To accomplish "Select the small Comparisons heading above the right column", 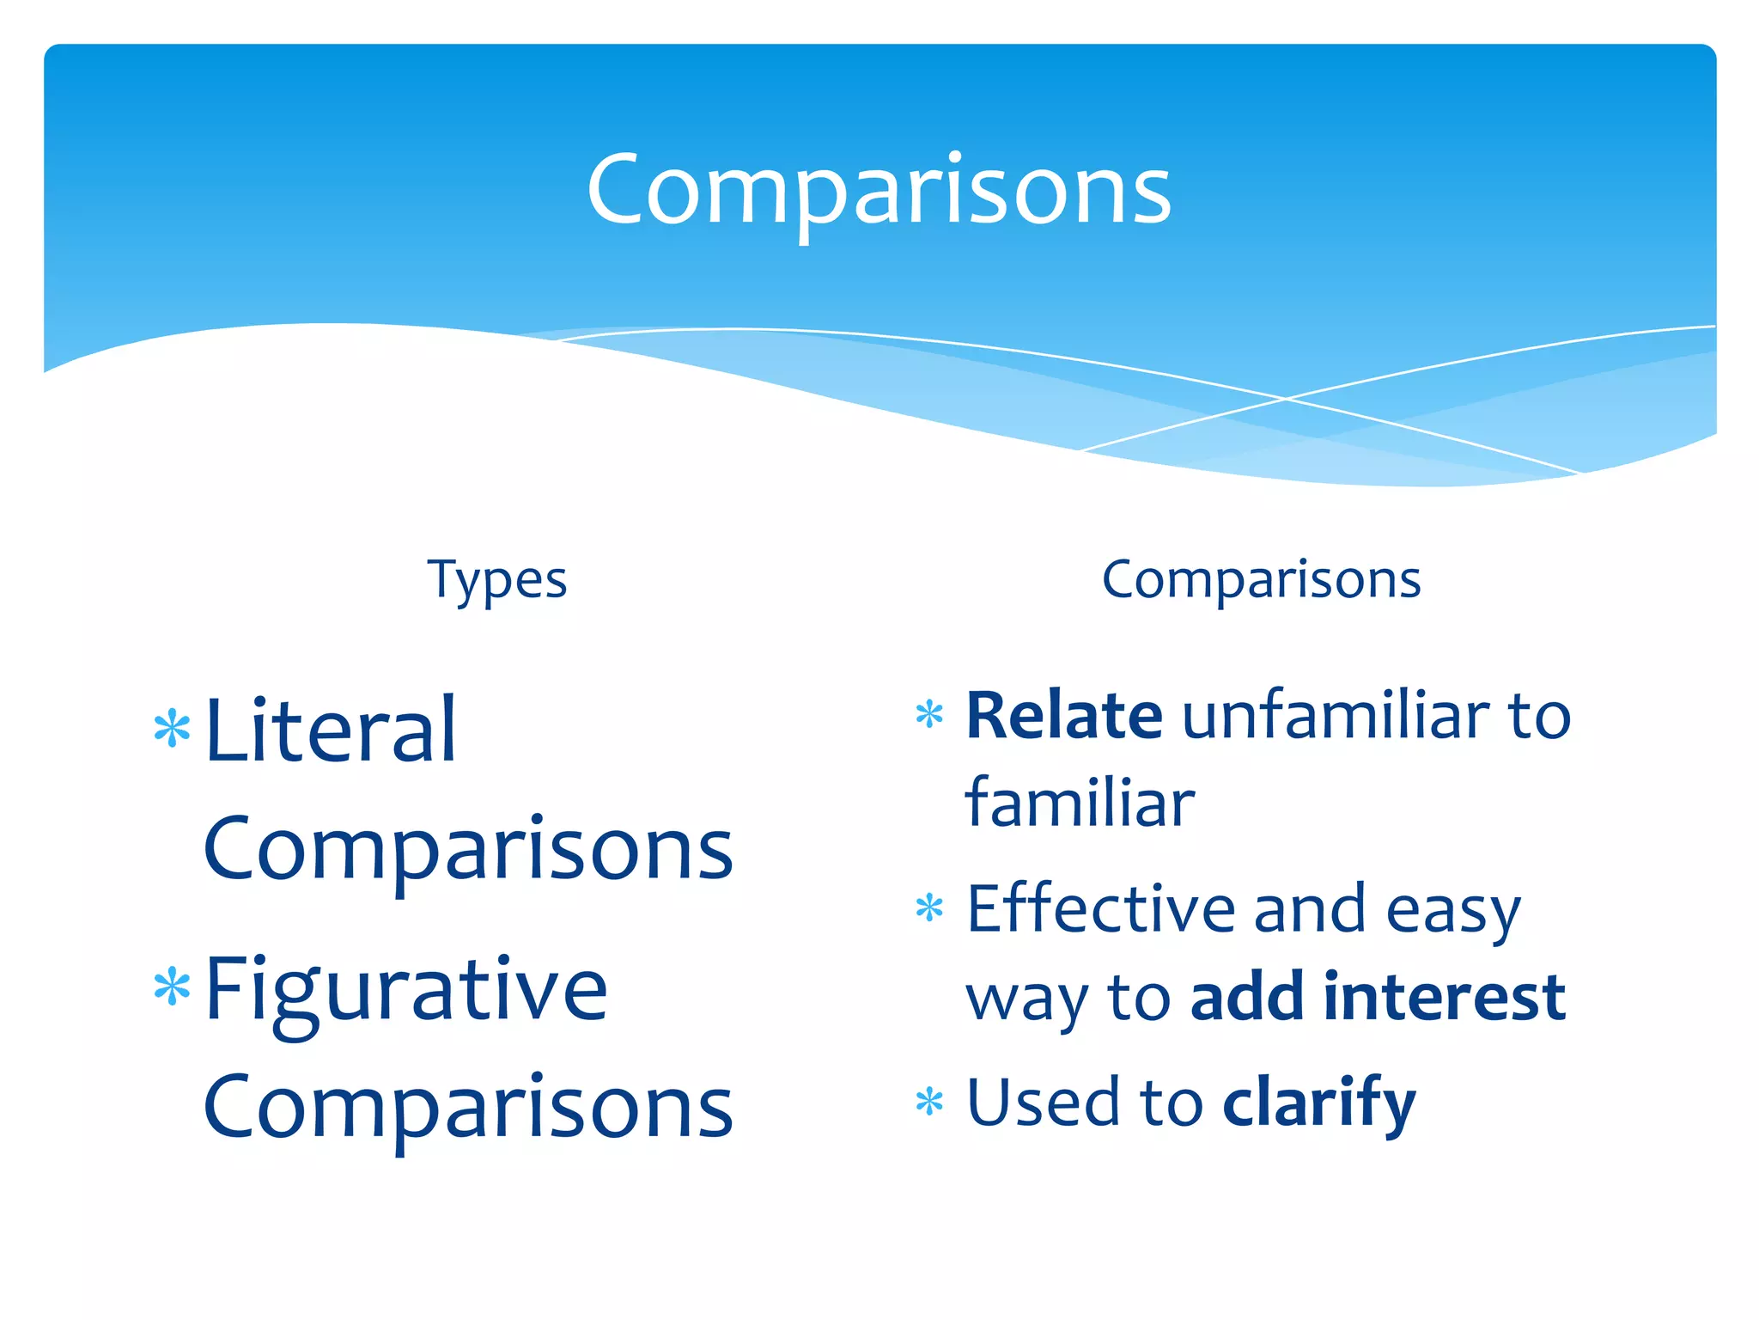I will tap(1261, 579).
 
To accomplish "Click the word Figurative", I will tap(406, 990).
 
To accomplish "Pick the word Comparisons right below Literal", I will tap(468, 848).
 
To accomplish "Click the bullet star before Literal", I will tap(172, 729).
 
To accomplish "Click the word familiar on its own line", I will tap(1080, 804).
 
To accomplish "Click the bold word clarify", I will tap(1318, 1103).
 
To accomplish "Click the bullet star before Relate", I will tap(929, 714).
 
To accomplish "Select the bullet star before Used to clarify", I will tap(929, 1101).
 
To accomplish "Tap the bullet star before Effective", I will tap(929, 907).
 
